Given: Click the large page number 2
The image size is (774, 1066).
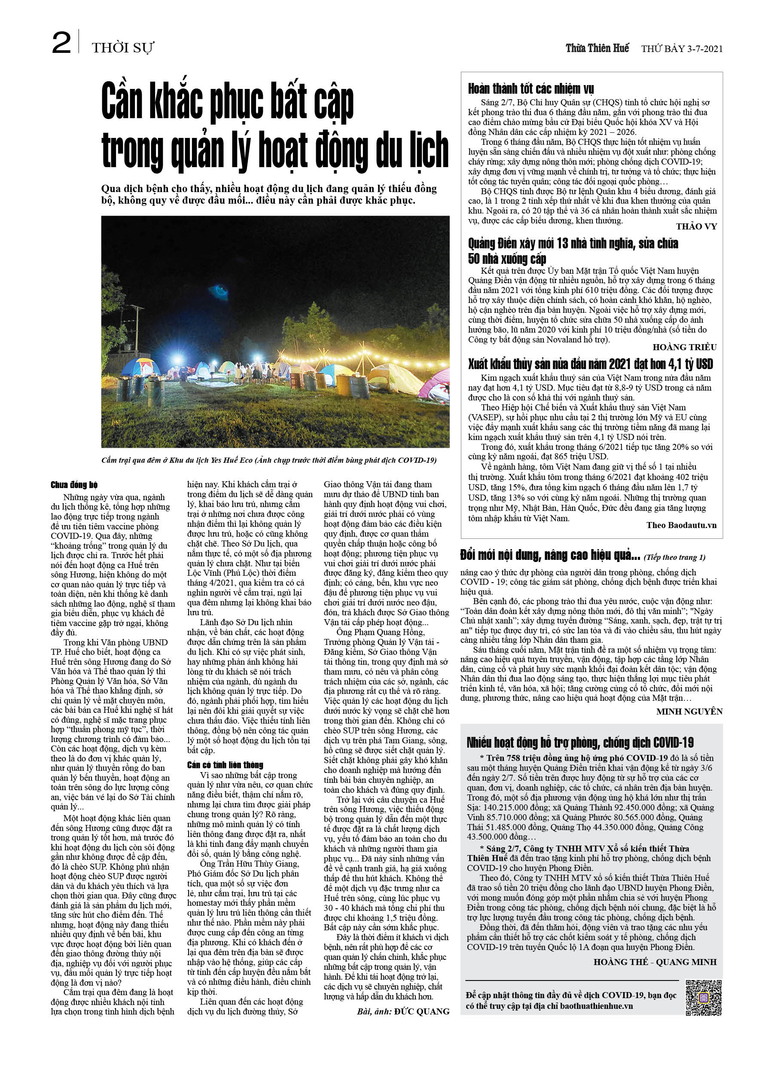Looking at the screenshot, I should pyautogui.click(x=61, y=43).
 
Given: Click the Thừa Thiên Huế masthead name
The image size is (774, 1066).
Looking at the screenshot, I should pyautogui.click(x=597, y=49).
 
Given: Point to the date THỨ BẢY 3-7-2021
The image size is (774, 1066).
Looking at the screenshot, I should pyautogui.click(x=681, y=49).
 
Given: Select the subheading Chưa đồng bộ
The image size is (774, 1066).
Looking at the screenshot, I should pyautogui.click(x=74, y=485).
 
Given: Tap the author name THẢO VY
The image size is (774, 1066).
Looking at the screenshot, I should pyautogui.click(x=696, y=226).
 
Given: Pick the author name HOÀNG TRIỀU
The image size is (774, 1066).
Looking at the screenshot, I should pyautogui.click(x=684, y=347).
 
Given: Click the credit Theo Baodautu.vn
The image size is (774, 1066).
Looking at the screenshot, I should pyautogui.click(x=681, y=525).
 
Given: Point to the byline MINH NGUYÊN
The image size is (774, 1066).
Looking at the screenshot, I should pyautogui.click(x=689, y=712).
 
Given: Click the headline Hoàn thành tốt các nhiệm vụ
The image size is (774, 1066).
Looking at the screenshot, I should pyautogui.click(x=530, y=89).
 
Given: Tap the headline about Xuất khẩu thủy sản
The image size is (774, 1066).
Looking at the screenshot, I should pyautogui.click(x=590, y=364).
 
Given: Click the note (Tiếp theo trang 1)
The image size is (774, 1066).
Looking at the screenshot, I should pyautogui.click(x=674, y=557).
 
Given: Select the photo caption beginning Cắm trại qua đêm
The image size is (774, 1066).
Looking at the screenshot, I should pyautogui.click(x=269, y=460).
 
